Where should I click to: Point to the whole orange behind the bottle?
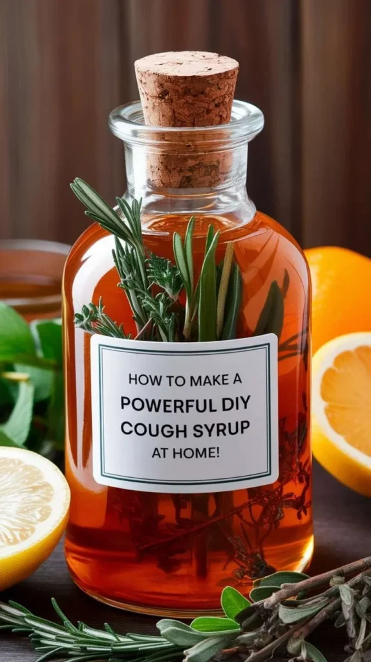(x=336, y=291)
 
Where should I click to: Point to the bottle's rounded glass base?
(x=187, y=592)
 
